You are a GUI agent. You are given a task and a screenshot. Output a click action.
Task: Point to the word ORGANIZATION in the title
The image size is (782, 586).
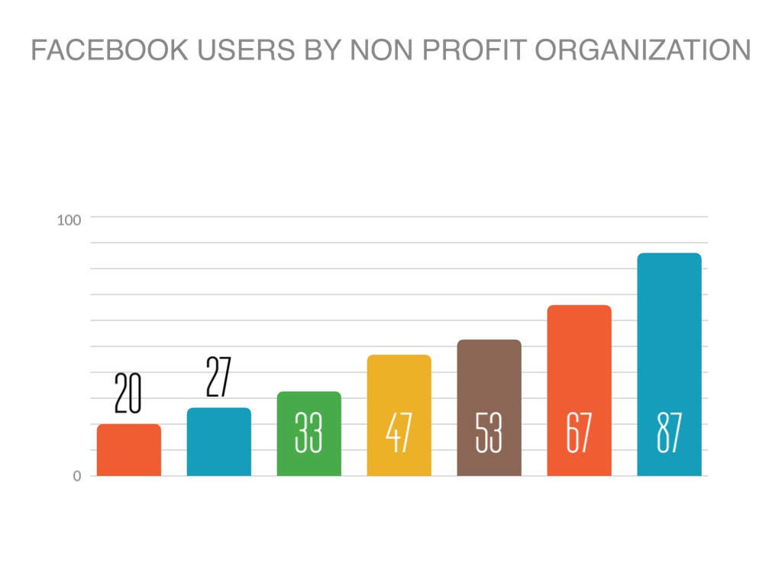click(642, 50)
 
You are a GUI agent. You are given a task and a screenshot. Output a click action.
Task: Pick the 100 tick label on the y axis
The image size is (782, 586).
click(69, 221)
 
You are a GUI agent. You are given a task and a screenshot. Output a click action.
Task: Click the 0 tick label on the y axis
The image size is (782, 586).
click(76, 476)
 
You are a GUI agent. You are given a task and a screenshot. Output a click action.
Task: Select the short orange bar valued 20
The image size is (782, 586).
click(129, 450)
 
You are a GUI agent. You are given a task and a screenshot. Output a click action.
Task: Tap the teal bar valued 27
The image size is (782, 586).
click(219, 443)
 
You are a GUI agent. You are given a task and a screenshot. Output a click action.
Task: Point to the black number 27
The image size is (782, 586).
click(218, 376)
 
